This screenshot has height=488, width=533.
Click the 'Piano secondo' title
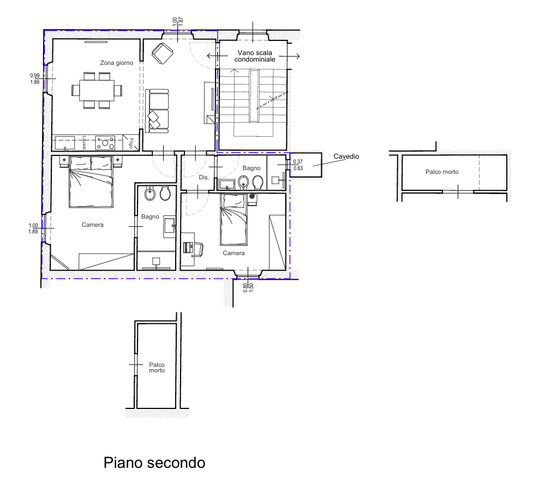point(154,463)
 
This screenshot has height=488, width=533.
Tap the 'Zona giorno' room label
point(117,63)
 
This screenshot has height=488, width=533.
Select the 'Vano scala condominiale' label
point(255,56)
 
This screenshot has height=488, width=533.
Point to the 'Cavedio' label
point(346,156)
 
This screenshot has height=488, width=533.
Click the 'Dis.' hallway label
point(204,177)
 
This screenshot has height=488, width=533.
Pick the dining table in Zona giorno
point(97,91)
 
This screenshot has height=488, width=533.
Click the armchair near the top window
point(163,53)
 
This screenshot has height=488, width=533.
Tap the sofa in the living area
point(157,111)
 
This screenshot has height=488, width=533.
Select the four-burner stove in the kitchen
point(105,143)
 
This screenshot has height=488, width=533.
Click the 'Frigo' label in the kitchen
point(131,143)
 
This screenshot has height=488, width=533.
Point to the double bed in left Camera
point(91,182)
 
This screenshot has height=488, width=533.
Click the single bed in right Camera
point(233,220)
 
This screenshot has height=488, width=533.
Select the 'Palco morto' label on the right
point(442,172)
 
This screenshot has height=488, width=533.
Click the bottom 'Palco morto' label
point(157,367)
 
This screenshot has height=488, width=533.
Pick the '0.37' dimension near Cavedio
point(298,162)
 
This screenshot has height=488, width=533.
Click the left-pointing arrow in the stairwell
point(217,56)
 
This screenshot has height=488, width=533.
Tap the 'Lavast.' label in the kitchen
point(85,143)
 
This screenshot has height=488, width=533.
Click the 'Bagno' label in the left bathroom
point(150,217)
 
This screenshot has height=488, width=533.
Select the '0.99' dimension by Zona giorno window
point(35,76)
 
